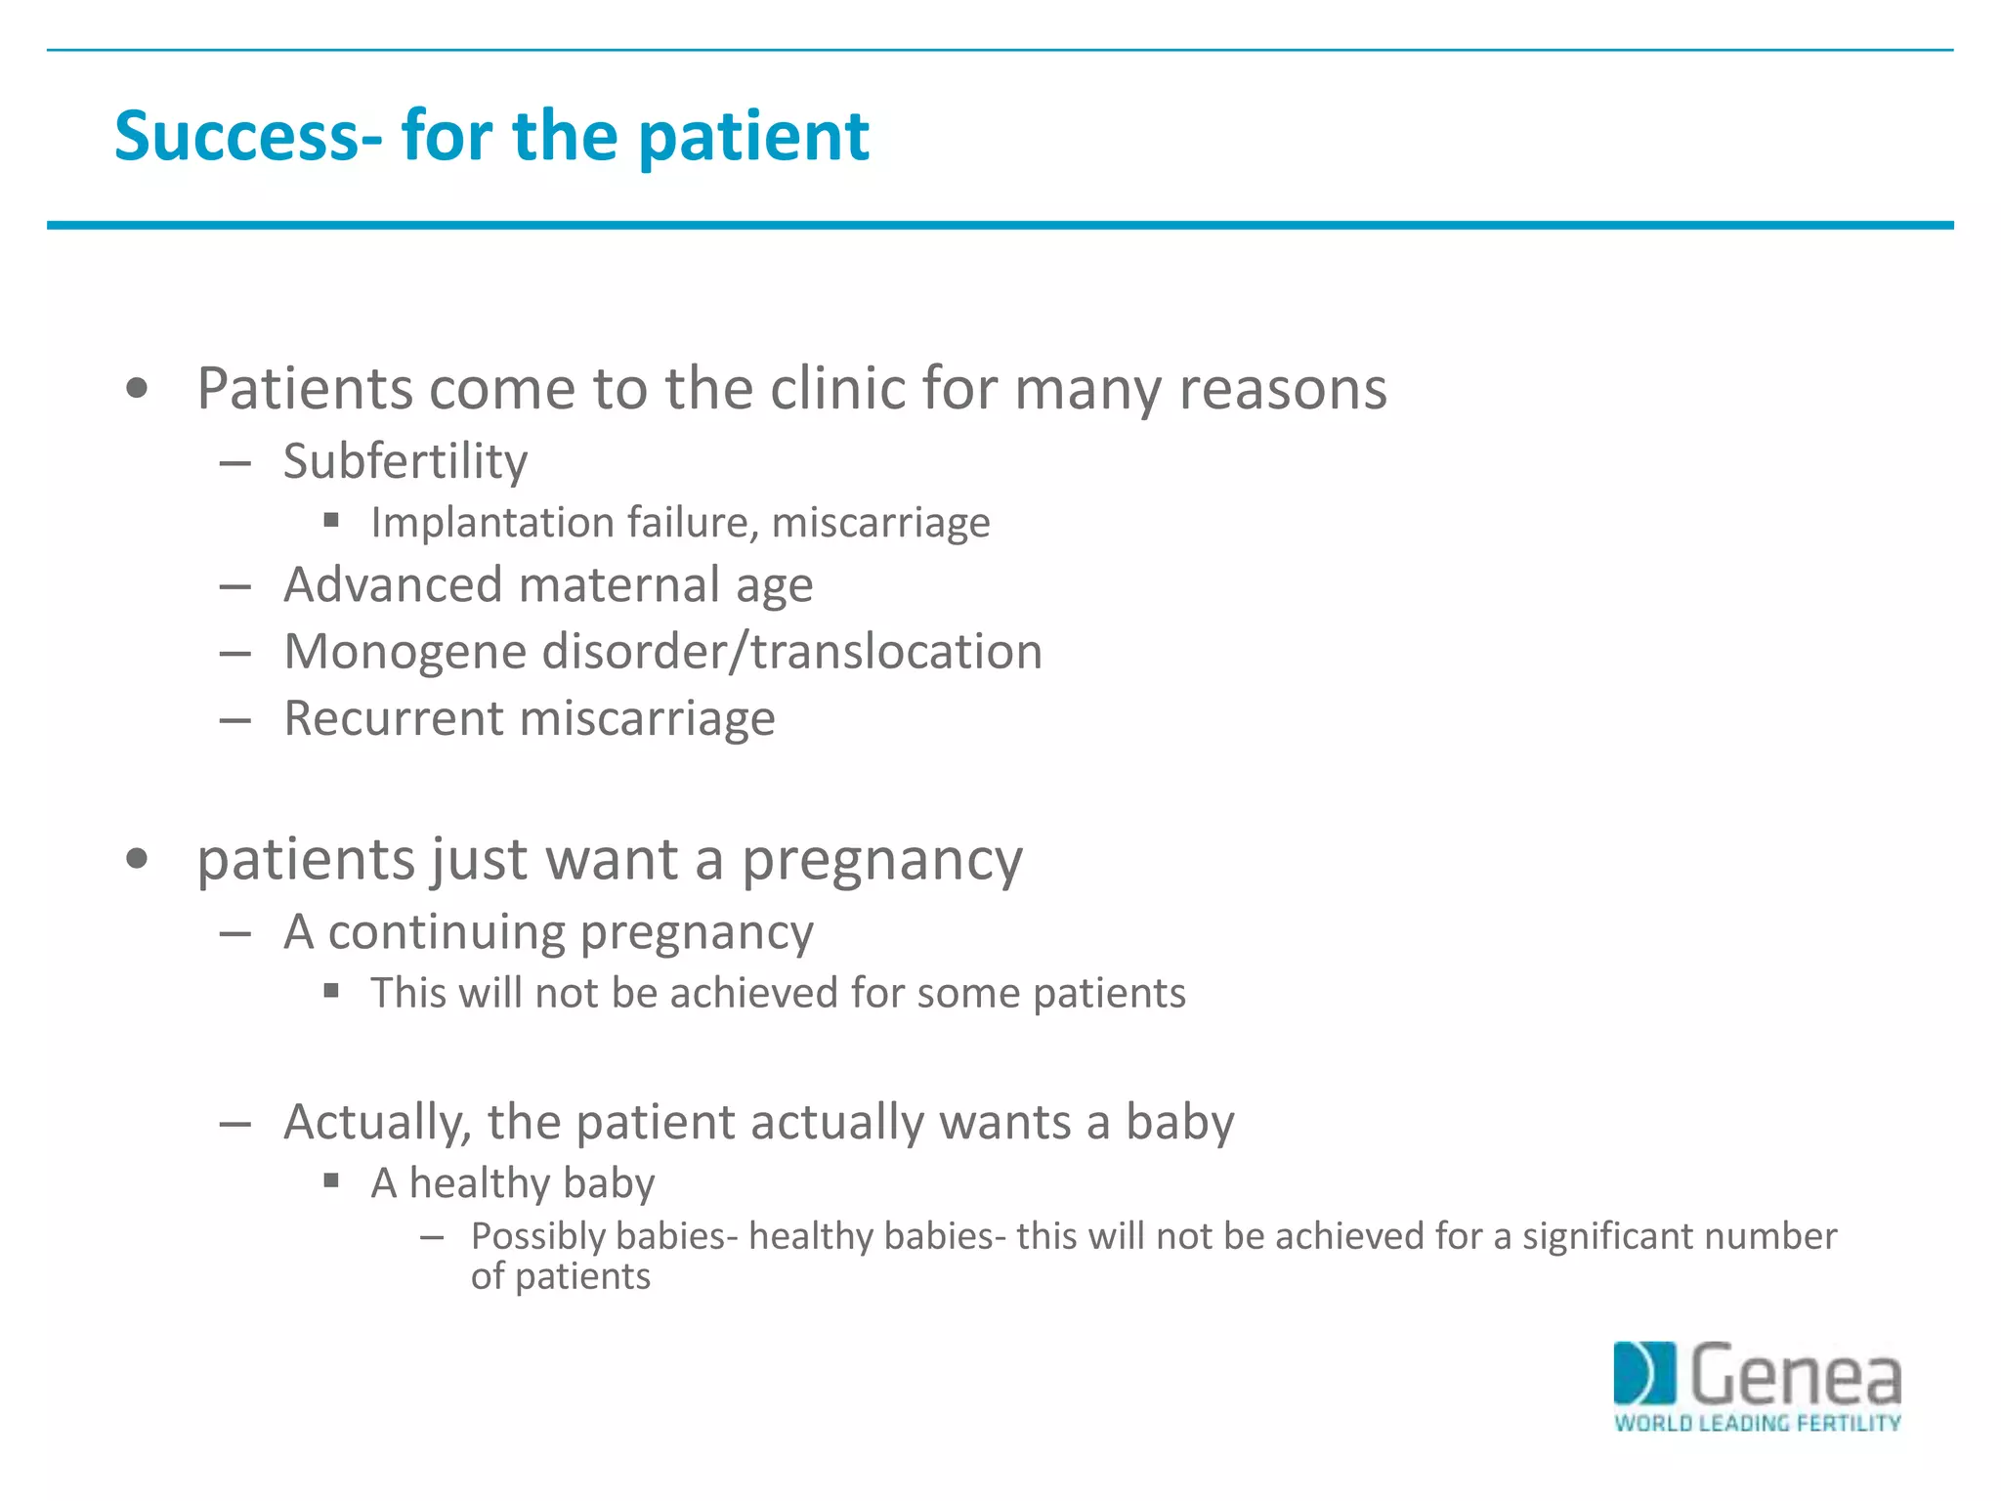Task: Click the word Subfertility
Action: (x=405, y=461)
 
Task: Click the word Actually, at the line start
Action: (x=377, y=1123)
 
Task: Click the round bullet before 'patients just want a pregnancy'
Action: (x=138, y=860)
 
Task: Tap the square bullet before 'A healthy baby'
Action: (x=331, y=1181)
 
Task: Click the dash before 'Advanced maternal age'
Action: (x=235, y=587)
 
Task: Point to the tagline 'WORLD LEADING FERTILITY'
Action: (x=1757, y=1424)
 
